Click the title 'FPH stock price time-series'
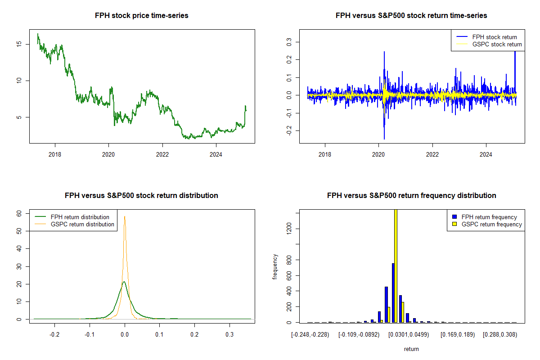142,16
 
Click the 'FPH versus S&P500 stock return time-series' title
411,16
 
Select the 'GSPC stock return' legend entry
497,44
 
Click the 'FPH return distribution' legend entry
80,217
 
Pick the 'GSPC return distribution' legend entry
82,224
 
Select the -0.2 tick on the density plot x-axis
55,335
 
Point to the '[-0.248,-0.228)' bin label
310,335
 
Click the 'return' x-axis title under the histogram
411,349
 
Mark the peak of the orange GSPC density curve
125,216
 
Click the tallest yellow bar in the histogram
396,265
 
